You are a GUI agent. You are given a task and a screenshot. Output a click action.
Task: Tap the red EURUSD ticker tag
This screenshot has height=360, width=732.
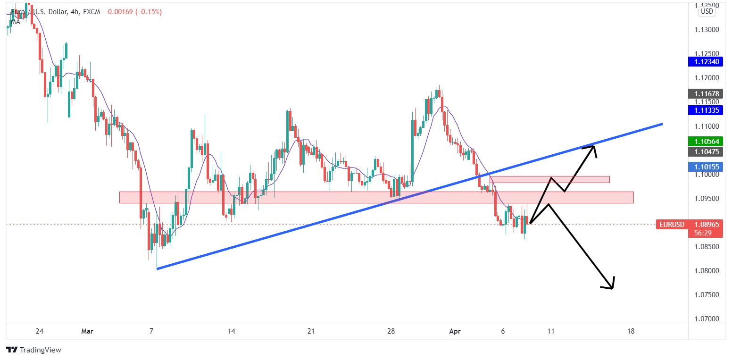671,225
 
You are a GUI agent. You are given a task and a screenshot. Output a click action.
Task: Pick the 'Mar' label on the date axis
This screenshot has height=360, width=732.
87,331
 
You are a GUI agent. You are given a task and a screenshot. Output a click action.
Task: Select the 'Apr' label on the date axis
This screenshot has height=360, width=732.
455,331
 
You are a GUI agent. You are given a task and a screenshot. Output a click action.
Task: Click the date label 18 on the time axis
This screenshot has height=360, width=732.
631,331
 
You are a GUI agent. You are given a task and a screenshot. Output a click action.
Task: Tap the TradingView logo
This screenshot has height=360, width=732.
34,350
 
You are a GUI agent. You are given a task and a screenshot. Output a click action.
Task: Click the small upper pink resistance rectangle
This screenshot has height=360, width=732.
550,179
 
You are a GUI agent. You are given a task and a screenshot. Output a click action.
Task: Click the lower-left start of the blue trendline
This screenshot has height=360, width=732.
158,269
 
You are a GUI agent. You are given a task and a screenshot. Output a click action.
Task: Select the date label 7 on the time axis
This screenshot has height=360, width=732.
151,331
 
